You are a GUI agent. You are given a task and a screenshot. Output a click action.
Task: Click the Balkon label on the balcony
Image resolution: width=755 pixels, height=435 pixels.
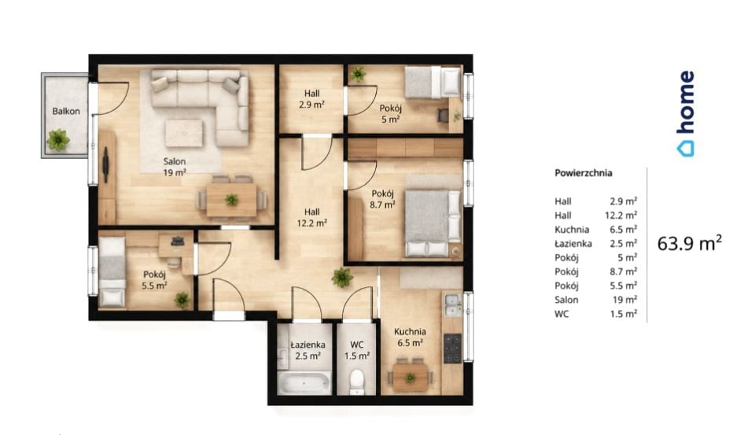pos(66,111)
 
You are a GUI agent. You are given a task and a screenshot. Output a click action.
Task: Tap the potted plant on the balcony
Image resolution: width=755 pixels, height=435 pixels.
pos(58,140)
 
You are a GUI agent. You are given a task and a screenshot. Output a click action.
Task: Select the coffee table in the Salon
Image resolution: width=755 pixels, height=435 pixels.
pos(184,133)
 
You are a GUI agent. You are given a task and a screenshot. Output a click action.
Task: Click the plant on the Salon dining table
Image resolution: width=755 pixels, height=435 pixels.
pos(231,200)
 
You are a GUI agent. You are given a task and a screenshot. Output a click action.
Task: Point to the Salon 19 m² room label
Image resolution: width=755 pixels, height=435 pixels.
pos(175,167)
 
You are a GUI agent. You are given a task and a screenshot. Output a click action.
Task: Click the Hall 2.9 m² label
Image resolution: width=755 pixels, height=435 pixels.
pos(311,99)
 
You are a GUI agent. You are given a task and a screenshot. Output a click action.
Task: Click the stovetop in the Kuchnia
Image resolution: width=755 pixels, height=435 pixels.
pos(452,348)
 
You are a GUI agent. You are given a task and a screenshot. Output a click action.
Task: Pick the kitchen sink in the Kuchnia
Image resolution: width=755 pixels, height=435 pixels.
pos(453,305)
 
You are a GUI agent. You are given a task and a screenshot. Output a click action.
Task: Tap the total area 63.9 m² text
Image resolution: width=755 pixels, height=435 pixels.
pos(690,243)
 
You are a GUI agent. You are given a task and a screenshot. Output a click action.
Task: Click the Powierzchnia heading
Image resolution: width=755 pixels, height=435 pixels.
pos(583,173)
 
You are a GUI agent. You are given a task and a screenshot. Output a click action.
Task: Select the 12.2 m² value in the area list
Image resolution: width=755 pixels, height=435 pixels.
pos(621,215)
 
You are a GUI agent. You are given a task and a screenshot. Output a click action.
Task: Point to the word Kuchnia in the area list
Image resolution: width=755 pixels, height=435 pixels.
pos(572,230)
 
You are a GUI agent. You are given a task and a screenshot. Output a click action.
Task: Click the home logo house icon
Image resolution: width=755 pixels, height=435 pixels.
pos(686,149)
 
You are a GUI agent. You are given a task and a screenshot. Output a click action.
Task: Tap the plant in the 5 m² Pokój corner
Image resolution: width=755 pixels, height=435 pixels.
pos(358,74)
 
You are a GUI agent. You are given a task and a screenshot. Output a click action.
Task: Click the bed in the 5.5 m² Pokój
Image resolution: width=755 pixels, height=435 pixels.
pos(112,271)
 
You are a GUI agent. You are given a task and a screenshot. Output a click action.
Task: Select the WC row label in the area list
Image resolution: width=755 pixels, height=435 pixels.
pos(562,314)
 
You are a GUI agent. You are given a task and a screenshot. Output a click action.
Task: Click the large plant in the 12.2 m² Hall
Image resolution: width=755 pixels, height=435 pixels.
pos(342,278)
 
